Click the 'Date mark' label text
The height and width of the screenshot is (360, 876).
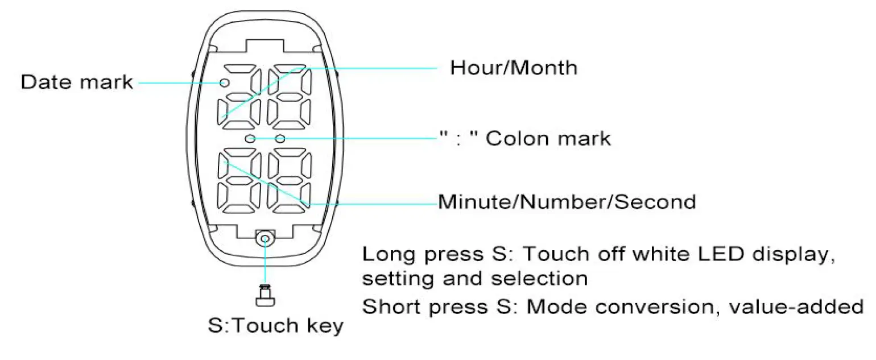tap(76, 83)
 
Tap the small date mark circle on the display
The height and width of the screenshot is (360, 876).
tap(225, 83)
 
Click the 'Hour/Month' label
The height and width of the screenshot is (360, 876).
tap(513, 68)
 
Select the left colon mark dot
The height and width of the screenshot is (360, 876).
tap(250, 139)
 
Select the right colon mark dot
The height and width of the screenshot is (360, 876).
tap(280, 139)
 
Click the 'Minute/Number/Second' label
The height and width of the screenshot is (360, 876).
tap(567, 202)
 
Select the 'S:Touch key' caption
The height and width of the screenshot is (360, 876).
tap(275, 326)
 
